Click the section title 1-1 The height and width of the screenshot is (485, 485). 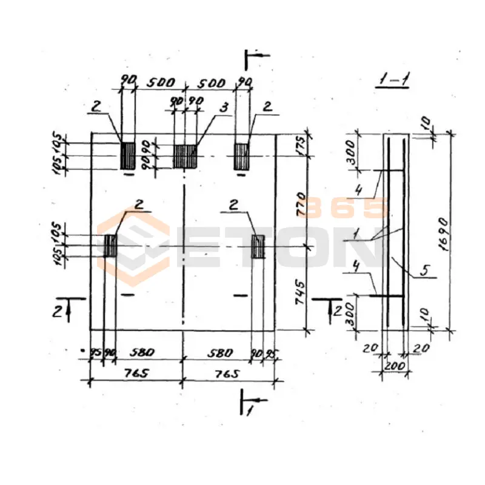click(x=391, y=79)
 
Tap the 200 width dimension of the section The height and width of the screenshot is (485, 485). click(x=395, y=367)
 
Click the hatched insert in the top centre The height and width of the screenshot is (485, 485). click(x=186, y=156)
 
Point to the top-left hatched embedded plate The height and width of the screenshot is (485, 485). click(x=127, y=155)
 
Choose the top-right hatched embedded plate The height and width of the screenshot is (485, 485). click(x=241, y=156)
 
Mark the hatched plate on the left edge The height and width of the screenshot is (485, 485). click(x=110, y=246)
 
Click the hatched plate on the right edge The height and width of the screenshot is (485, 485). click(x=258, y=246)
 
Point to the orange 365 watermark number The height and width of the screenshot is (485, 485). click(x=345, y=207)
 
